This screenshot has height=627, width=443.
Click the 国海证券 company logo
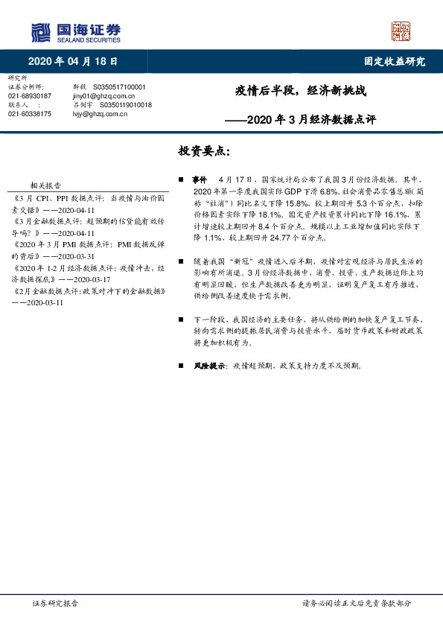(x=74, y=31)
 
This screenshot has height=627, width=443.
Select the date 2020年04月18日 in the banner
(x=72, y=62)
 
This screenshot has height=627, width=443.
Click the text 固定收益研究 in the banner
(x=394, y=62)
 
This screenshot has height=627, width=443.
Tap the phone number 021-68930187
(x=30, y=96)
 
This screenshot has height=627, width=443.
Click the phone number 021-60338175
(x=30, y=114)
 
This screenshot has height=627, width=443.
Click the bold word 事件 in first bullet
(x=199, y=179)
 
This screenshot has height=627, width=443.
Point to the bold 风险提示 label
(x=208, y=366)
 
